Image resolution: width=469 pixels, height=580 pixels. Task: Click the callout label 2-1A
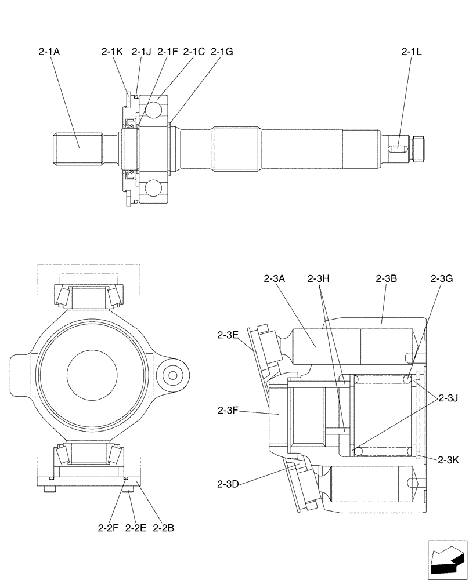(x=49, y=52)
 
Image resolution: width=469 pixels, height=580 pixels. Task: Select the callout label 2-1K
(x=111, y=52)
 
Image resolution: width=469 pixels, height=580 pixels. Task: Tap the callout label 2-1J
(x=141, y=52)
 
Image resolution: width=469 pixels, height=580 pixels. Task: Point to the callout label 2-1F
(x=168, y=52)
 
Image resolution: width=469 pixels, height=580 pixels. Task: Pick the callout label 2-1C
(x=194, y=52)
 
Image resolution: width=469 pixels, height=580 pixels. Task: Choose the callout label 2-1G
(x=222, y=52)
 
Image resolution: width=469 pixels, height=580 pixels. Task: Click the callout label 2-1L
(x=412, y=52)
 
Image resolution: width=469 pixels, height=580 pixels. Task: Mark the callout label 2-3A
(x=274, y=278)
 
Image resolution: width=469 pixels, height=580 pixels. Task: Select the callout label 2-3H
(x=319, y=278)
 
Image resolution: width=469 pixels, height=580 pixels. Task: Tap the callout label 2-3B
(x=386, y=278)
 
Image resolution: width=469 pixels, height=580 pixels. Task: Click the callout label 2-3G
(x=442, y=278)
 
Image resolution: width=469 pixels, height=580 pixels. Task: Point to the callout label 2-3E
(x=228, y=335)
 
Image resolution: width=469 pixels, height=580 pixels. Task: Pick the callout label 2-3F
(x=228, y=411)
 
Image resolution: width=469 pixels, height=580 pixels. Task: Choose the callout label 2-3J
(x=448, y=398)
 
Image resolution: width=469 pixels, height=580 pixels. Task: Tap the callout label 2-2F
(x=108, y=528)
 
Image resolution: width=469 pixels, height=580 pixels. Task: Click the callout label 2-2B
(x=164, y=528)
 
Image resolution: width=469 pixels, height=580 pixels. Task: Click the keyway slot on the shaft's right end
(x=396, y=150)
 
